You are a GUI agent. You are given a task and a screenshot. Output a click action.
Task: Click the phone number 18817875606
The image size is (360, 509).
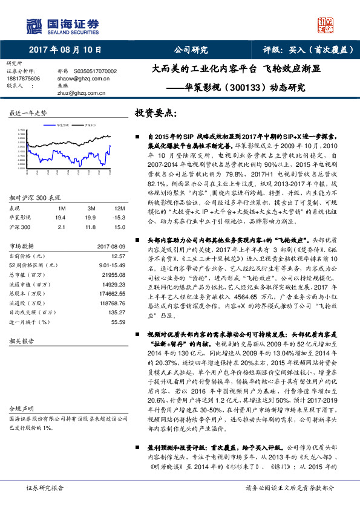(24, 79)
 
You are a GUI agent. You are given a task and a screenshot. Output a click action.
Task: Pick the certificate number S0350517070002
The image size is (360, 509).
(96, 71)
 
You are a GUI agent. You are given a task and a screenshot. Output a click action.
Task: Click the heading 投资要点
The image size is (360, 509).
(156, 114)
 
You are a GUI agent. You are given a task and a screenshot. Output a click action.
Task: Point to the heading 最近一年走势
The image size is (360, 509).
(28, 114)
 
